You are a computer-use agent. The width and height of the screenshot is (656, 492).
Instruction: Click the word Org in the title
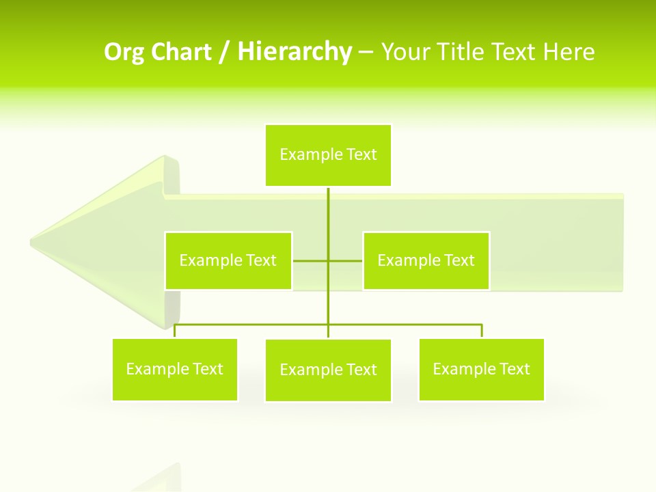tap(123, 52)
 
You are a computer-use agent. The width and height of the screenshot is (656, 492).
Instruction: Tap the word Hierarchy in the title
tap(294, 52)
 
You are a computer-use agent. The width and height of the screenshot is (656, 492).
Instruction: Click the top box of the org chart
tap(328, 155)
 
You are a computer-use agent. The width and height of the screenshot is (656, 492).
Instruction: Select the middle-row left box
tap(228, 260)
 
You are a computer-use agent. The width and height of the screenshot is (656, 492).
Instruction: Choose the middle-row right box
tap(426, 260)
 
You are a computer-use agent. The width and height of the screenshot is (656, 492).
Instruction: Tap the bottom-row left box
tap(175, 370)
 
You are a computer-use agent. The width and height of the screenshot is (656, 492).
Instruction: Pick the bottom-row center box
tap(328, 370)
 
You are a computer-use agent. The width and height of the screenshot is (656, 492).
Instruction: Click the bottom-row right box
tap(482, 370)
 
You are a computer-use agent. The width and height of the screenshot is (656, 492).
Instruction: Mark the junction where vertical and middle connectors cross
tap(328, 260)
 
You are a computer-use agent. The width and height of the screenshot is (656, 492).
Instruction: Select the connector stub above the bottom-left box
tap(175, 331)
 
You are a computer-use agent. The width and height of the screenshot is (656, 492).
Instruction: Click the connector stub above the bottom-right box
tap(482, 331)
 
